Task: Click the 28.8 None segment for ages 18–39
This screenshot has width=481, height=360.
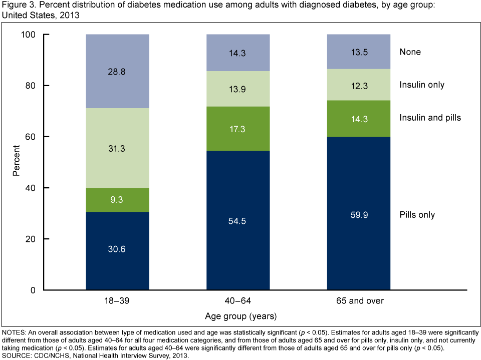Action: pyautogui.click(x=118, y=71)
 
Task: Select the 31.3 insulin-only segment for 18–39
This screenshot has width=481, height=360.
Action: pyautogui.click(x=118, y=148)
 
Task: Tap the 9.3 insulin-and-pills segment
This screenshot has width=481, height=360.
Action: pyautogui.click(x=118, y=200)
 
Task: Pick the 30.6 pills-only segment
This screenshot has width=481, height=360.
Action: pyautogui.click(x=118, y=251)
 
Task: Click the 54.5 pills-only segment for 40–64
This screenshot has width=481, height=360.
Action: pyautogui.click(x=238, y=220)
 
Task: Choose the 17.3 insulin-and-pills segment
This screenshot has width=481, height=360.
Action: pyautogui.click(x=238, y=129)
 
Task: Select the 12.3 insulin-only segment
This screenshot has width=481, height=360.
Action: pyautogui.click(x=359, y=85)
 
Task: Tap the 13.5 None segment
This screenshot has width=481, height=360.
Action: pyautogui.click(x=359, y=52)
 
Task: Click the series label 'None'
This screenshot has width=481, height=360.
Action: pyautogui.click(x=410, y=52)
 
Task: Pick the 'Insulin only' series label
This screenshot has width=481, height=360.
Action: pyautogui.click(x=421, y=85)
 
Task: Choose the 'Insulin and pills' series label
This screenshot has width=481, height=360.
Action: pyautogui.click(x=430, y=118)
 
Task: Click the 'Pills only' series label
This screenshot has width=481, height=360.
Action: pyautogui.click(x=417, y=215)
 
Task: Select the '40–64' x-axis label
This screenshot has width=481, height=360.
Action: pyautogui.click(x=238, y=300)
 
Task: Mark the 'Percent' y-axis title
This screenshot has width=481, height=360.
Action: pyautogui.click(x=17, y=162)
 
